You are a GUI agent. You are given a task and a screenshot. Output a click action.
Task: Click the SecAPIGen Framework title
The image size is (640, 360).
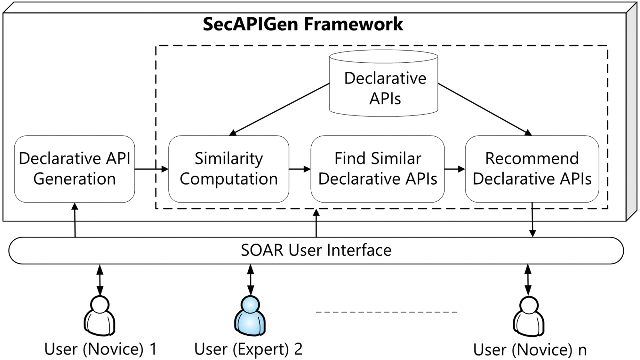tap(303, 24)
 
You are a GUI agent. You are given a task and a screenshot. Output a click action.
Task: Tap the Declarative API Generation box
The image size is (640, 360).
tap(75, 169)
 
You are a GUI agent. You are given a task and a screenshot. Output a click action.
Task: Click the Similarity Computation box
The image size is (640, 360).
tap(228, 169)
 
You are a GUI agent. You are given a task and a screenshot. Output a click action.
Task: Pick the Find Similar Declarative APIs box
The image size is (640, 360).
tap(378, 169)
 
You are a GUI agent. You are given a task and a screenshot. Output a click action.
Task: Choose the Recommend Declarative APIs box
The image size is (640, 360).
tap(532, 169)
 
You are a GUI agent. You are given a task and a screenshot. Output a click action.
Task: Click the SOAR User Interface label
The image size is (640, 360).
tap(316, 251)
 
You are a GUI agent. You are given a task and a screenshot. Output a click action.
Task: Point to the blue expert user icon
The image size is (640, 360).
tap(250, 315)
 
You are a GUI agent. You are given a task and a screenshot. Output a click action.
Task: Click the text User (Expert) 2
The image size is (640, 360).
tap(248, 349)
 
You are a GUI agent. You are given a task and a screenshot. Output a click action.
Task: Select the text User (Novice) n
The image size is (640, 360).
tap(530, 350)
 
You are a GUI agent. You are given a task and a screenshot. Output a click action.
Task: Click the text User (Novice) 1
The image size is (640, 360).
tap(101, 349)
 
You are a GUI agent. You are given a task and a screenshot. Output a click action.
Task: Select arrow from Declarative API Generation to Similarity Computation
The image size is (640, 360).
tap(151, 169)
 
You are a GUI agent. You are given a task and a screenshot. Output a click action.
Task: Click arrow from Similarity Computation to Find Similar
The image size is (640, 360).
tap(300, 169)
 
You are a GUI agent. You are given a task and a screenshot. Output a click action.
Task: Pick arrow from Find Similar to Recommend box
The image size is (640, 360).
tap(454, 169)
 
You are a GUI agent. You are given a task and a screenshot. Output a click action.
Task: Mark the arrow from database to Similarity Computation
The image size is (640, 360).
tap(280, 109)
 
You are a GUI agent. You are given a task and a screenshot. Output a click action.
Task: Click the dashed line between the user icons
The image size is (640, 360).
tap(387, 312)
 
